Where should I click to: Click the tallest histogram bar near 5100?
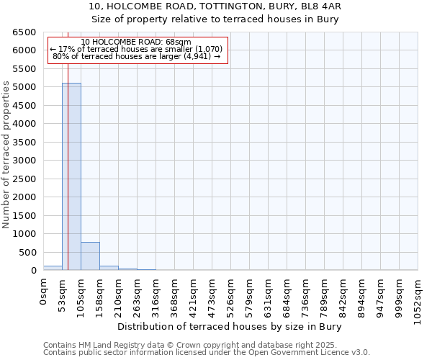(x=71, y=176)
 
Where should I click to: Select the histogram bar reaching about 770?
(x=90, y=256)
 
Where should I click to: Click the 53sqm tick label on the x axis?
(x=63, y=294)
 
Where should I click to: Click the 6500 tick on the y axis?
(x=24, y=32)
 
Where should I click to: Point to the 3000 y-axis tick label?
(x=24, y=161)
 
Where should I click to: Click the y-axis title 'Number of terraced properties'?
(x=6, y=155)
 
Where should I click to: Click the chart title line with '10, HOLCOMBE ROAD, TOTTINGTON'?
(x=216, y=6)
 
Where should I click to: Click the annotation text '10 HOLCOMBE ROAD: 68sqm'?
(x=136, y=42)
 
